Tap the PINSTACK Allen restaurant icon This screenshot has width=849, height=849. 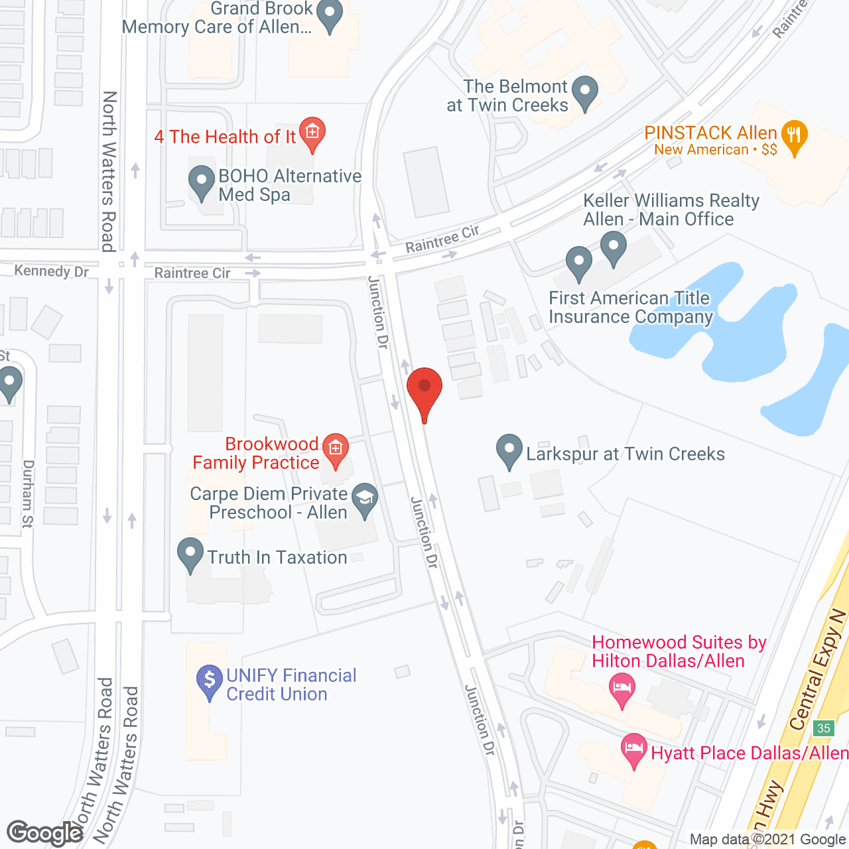[x=794, y=136]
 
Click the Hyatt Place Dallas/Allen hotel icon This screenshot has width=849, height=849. [x=634, y=749]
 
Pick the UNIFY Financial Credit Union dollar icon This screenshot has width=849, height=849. [x=210, y=681]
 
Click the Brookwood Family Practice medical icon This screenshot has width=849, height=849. [x=336, y=450]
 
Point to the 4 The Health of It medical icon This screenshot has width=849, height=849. [x=312, y=132]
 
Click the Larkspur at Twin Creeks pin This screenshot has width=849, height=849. [x=509, y=449]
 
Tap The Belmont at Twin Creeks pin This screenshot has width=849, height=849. [x=584, y=91]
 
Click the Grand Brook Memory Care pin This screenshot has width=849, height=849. [x=330, y=14]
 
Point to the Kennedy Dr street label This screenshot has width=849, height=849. [x=52, y=271]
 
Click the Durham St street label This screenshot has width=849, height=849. [x=27, y=493]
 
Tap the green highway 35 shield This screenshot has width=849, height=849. [x=824, y=728]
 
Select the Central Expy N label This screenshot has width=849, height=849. [x=818, y=670]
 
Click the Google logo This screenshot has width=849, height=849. [x=45, y=833]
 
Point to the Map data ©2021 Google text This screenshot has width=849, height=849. [x=767, y=840]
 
